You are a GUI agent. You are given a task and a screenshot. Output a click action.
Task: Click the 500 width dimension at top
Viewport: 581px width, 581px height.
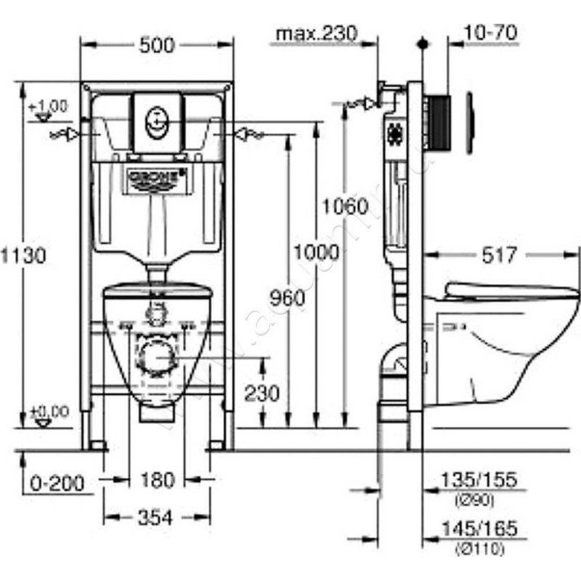click(x=156, y=45)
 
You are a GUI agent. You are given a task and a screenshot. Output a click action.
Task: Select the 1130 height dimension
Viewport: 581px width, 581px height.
click(x=23, y=255)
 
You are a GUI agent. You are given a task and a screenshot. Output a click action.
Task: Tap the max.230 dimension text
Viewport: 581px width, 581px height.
click(x=317, y=33)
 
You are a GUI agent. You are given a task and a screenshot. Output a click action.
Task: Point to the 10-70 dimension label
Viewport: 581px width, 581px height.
click(x=489, y=33)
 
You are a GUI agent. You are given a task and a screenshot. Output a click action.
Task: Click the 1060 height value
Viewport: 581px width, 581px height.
click(x=345, y=206)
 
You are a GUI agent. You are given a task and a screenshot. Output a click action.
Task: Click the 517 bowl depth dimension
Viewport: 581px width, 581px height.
click(x=501, y=255)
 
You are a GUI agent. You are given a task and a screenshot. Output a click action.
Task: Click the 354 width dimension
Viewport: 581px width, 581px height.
click(x=156, y=517)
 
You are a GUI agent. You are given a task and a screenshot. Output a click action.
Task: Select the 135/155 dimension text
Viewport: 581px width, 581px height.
click(x=479, y=481)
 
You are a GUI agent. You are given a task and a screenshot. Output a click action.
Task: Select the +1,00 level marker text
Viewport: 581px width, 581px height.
click(x=49, y=106)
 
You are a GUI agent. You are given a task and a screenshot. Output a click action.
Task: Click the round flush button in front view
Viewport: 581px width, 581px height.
click(x=156, y=119)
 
